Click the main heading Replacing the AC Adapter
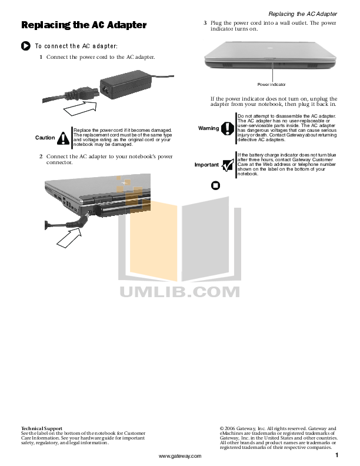click(x=84, y=25)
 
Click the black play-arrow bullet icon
click(x=26, y=46)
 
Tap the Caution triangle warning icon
click(x=64, y=138)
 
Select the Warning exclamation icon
click(x=228, y=128)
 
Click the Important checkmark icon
click(x=228, y=165)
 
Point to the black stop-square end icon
click(x=215, y=186)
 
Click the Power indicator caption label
click(x=272, y=84)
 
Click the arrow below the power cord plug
click(x=80, y=108)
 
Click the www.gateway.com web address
click(x=180, y=456)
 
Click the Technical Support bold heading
click(x=42, y=428)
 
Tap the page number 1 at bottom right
click(x=337, y=455)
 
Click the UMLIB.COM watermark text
click(x=179, y=292)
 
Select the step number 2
click(x=41, y=157)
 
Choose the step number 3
click(x=205, y=23)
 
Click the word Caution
click(x=45, y=138)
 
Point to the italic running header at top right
click(x=303, y=14)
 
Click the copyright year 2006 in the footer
click(x=229, y=428)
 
